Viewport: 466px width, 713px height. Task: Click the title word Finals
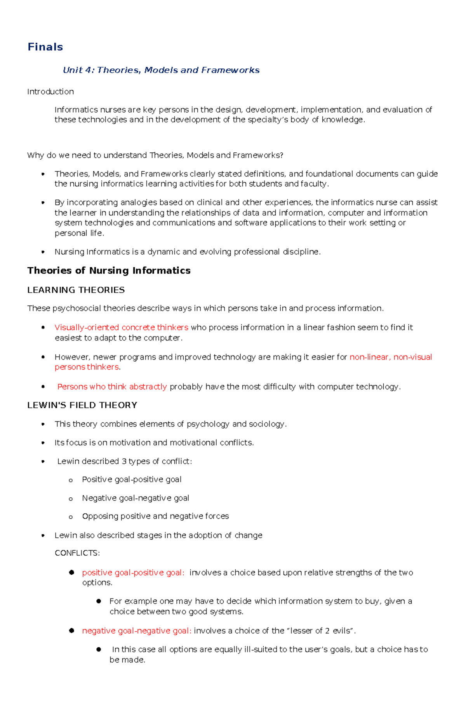point(45,47)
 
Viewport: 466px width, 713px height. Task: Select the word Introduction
point(50,92)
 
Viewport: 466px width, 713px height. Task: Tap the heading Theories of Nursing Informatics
point(109,270)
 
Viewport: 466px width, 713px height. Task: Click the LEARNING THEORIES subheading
point(76,290)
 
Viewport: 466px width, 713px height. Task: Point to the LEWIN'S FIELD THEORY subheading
point(82,405)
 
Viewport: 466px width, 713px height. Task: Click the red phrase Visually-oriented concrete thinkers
point(121,328)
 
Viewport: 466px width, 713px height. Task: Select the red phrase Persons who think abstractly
point(112,387)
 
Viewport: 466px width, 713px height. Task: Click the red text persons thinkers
point(86,367)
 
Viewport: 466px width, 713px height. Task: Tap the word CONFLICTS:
point(77,553)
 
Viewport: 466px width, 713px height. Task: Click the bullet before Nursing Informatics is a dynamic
point(43,252)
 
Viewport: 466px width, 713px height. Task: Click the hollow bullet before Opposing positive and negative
point(71,517)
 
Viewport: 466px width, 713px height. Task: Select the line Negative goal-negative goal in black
point(136,498)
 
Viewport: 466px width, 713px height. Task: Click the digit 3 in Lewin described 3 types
point(124,461)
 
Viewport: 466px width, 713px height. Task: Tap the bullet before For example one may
point(99,601)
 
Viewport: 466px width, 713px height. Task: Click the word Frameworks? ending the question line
point(258,155)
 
